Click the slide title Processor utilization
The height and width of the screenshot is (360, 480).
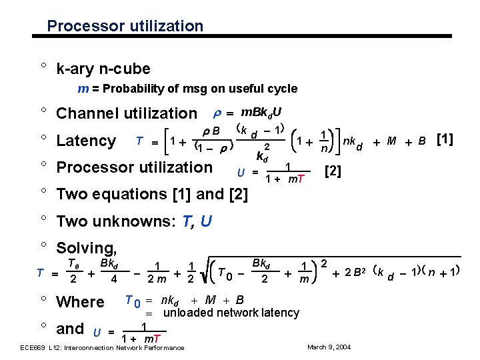click(x=125, y=27)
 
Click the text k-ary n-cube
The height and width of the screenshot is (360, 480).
click(x=103, y=69)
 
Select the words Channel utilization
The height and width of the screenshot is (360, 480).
click(x=127, y=114)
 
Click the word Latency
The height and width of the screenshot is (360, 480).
click(x=86, y=141)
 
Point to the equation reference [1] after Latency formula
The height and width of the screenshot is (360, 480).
click(x=444, y=139)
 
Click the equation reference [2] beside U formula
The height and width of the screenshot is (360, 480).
click(x=332, y=173)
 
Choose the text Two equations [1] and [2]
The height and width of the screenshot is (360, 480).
click(x=153, y=194)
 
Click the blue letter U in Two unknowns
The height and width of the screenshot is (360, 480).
click(x=206, y=221)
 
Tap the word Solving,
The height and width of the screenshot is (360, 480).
click(x=87, y=248)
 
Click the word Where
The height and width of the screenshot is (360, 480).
click(x=81, y=302)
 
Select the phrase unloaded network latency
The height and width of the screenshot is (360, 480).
click(x=231, y=313)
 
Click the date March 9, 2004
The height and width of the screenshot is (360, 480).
click(x=328, y=347)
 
